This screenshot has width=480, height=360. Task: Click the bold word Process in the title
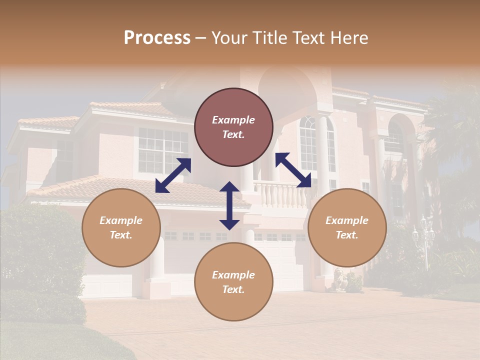click(157, 38)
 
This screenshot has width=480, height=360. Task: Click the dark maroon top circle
click(233, 127)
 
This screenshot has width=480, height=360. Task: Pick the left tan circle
click(121, 227)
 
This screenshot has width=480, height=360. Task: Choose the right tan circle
click(347, 227)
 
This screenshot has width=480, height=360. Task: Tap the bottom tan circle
click(233, 281)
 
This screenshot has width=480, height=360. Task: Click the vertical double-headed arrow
click(229, 205)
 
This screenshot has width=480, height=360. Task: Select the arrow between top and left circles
click(173, 175)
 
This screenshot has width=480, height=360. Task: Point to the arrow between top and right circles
click(293, 170)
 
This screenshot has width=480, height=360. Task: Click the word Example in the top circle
click(233, 120)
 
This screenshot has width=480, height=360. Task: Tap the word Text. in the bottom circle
click(233, 289)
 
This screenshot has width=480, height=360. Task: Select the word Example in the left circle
click(121, 220)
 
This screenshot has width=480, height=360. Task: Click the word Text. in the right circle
click(347, 235)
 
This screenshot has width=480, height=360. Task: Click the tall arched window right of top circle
click(308, 142)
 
